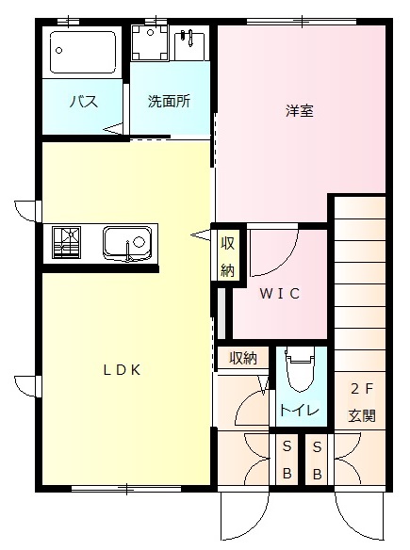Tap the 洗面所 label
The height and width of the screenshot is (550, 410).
click(170, 102)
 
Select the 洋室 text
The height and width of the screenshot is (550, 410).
click(300, 111)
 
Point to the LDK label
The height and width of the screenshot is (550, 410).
click(123, 370)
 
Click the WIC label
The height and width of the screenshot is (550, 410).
click(280, 294)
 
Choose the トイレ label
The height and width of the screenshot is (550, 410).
click(300, 411)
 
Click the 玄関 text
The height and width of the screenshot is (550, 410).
click(361, 414)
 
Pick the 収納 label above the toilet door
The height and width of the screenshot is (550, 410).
click(242, 358)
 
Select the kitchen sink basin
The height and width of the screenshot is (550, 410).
click(126, 244)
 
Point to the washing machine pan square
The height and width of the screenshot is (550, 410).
click(148, 42)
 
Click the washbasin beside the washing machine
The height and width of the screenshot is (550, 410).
click(189, 42)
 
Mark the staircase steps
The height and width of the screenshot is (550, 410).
click(361, 283)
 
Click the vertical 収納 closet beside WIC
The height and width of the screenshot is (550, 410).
click(227, 254)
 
